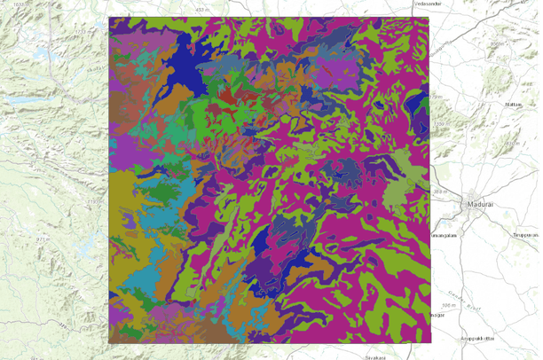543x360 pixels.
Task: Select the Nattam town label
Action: click(x=512, y=104)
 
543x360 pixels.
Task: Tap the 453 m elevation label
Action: click(x=203, y=9)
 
